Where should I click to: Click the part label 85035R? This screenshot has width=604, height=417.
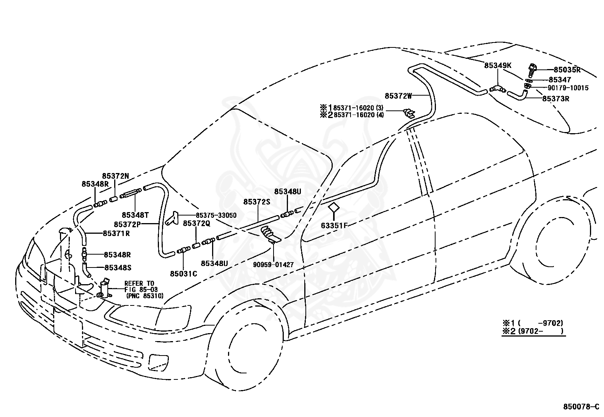click(567, 70)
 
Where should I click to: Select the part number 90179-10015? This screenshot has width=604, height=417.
click(568, 88)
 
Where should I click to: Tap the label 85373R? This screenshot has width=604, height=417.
click(556, 99)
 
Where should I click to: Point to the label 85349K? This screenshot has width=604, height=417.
click(498, 66)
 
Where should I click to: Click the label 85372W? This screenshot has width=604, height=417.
click(398, 96)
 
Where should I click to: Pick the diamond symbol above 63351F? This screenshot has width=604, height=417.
click(334, 208)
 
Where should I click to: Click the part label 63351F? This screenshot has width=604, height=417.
click(334, 225)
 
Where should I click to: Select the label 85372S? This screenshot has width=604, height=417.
click(257, 202)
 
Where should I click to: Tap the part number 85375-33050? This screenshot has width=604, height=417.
click(216, 215)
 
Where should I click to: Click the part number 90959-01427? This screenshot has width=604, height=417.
click(273, 264)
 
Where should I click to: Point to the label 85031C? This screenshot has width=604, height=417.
click(184, 274)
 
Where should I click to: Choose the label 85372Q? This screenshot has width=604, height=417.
click(197, 223)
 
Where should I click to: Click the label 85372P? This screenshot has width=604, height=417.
click(127, 224)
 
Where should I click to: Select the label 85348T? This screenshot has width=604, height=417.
click(135, 215)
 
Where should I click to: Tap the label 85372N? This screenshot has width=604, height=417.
click(116, 176)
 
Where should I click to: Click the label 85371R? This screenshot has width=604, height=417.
click(116, 233)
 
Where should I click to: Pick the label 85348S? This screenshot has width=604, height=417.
click(118, 268)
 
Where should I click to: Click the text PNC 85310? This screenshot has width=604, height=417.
click(146, 296)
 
